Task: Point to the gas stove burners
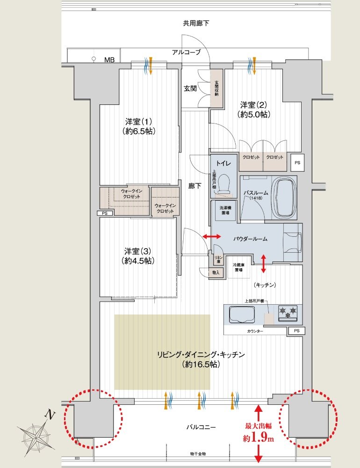[288, 313]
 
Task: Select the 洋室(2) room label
[255, 109]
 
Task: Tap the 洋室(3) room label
[139, 255]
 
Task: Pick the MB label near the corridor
[109, 59]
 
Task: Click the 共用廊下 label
[196, 23]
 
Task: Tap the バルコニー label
[201, 426]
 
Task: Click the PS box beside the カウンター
[296, 331]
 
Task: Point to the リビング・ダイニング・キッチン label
[201, 359]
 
